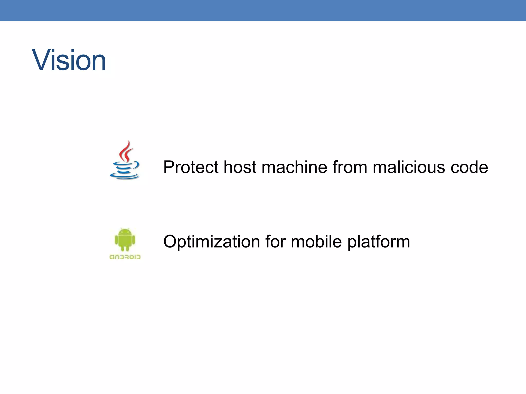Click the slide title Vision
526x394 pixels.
click(x=69, y=61)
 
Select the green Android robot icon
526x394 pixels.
click(x=125, y=240)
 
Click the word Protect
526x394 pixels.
click(x=191, y=167)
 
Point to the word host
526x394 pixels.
click(x=240, y=167)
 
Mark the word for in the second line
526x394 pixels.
click(x=275, y=242)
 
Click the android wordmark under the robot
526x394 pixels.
click(x=125, y=257)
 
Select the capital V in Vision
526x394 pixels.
click(x=43, y=61)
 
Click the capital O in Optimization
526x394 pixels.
click(x=171, y=242)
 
